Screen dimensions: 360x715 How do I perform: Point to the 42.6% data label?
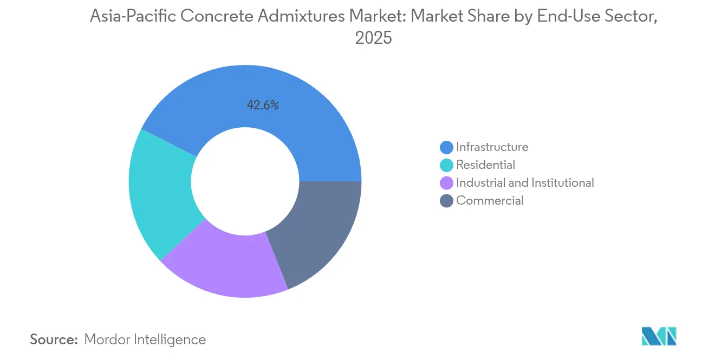tap(263, 106)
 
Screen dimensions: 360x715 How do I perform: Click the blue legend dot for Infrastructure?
tap(447, 147)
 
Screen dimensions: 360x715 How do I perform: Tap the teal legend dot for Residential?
tap(447, 165)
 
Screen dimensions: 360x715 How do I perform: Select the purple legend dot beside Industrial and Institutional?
tap(447, 183)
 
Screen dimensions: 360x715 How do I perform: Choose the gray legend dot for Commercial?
tap(447, 201)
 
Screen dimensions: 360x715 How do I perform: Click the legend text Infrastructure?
tap(492, 147)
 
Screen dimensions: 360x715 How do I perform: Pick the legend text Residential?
tap(485, 165)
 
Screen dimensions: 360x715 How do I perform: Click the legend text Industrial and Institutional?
tap(525, 183)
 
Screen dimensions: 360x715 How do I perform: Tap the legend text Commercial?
tap(490, 201)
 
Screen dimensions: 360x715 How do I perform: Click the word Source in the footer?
tap(54, 339)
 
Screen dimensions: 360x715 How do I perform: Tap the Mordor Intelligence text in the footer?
tap(145, 339)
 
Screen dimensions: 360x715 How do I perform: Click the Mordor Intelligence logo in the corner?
tap(659, 336)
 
